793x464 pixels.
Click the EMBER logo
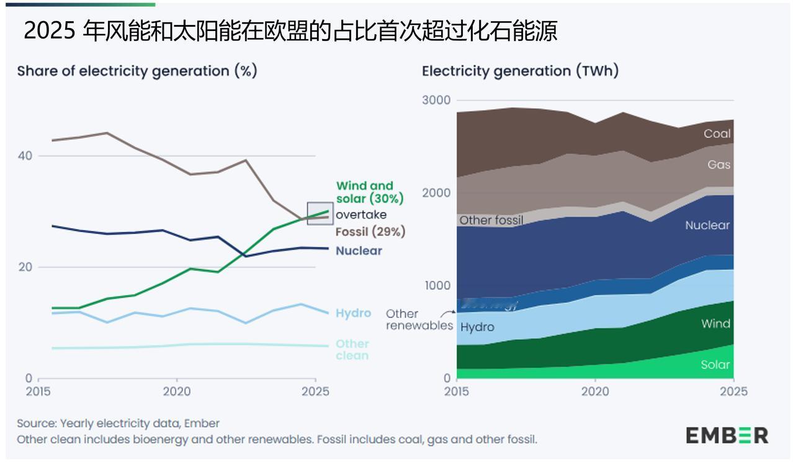(x=727, y=435)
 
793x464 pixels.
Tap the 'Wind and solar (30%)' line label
(x=369, y=193)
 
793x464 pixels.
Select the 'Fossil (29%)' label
(x=370, y=232)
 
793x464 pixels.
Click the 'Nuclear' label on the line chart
(x=359, y=251)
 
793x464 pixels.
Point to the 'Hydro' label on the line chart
(x=353, y=313)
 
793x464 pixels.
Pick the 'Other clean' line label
(x=352, y=350)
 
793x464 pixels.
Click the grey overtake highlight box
(x=320, y=213)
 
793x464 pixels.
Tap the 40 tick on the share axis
(x=24, y=156)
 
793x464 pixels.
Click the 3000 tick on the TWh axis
(x=437, y=101)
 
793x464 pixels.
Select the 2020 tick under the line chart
(x=176, y=391)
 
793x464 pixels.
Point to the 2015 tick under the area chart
(x=457, y=391)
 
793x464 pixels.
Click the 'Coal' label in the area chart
(x=717, y=134)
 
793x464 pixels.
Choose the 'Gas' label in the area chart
(x=719, y=165)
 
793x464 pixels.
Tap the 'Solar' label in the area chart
(x=715, y=365)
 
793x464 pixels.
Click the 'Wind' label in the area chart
(x=715, y=324)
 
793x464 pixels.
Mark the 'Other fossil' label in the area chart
(x=491, y=220)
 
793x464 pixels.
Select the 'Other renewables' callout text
(x=419, y=320)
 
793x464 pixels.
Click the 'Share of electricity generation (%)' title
(x=137, y=71)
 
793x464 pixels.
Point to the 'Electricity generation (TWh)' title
(x=520, y=71)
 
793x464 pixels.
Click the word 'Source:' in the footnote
(x=36, y=424)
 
